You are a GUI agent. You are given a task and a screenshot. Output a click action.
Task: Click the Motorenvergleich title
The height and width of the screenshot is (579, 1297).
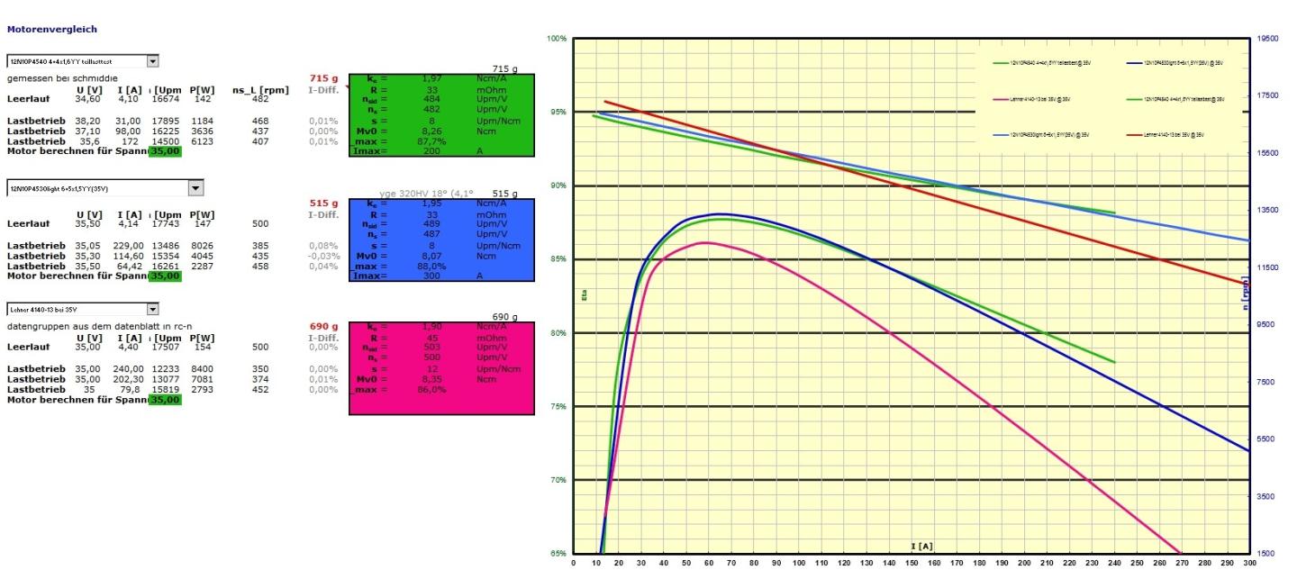[52, 29]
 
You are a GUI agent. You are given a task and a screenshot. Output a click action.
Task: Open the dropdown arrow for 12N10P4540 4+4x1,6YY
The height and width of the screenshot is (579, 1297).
[152, 61]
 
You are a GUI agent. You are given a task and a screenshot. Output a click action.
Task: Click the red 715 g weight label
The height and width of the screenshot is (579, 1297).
[323, 78]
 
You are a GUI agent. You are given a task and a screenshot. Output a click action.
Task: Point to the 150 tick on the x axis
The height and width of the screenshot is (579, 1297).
[912, 565]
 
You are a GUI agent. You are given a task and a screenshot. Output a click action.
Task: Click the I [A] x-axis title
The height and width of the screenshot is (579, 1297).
[921, 547]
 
